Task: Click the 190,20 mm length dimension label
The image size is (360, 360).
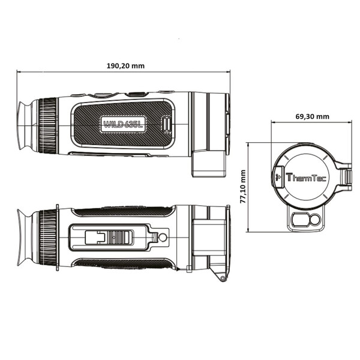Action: [x=124, y=66]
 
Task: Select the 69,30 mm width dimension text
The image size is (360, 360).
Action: [x=311, y=116]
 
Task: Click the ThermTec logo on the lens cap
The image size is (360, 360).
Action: [x=305, y=178]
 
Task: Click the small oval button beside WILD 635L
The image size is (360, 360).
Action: [x=167, y=125]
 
